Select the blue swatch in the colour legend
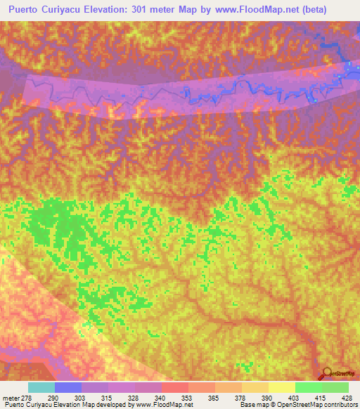pos(67,388)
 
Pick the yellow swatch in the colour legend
pos(281,388)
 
